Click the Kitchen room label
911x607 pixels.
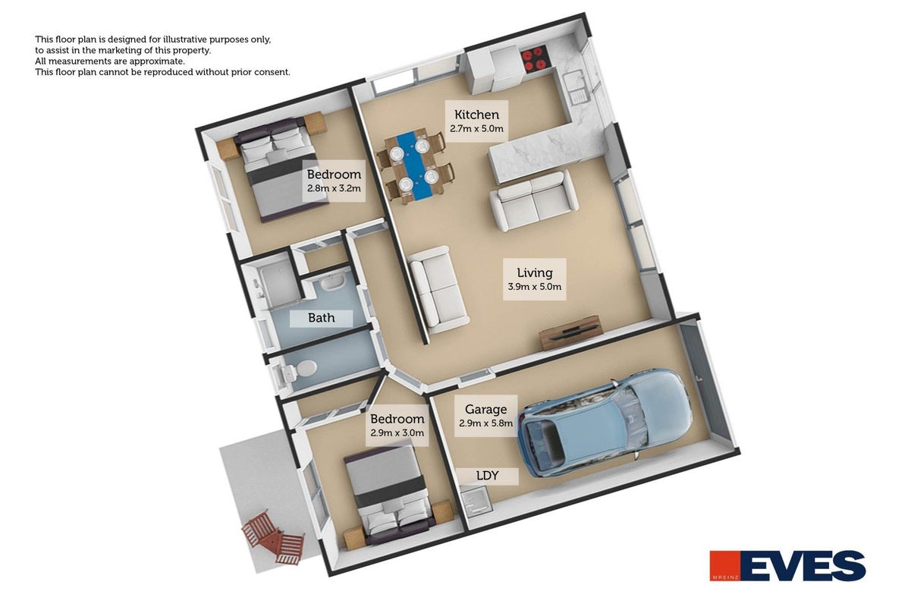476,115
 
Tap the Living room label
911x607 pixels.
535,272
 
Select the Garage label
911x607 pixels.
485,409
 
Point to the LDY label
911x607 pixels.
487,475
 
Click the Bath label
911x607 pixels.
322,317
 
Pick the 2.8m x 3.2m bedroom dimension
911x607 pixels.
334,188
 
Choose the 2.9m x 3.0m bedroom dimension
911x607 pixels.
397,433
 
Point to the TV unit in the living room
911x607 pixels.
570,332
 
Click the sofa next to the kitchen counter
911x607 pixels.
534,200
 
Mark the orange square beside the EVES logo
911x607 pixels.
724,565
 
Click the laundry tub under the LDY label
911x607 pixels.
476,503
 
